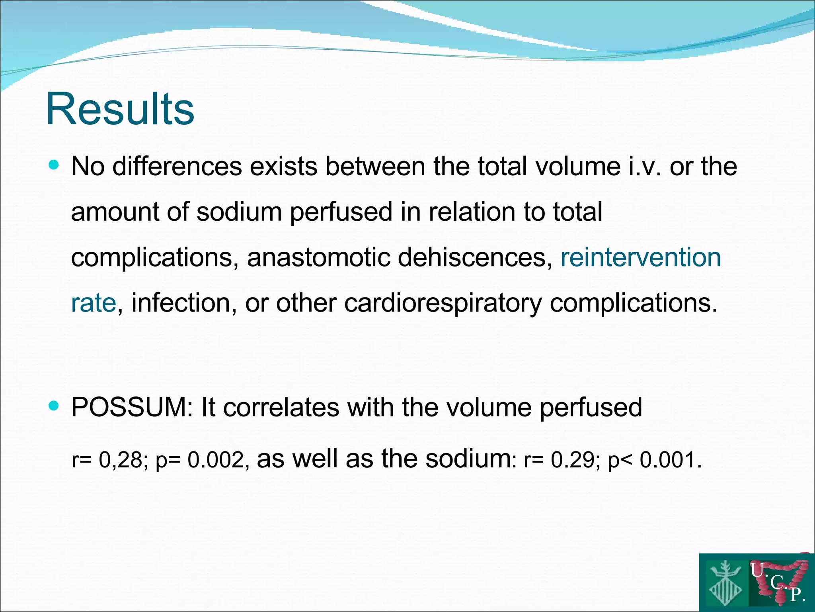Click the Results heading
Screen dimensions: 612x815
coord(120,109)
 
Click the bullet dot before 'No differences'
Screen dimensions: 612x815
coord(53,165)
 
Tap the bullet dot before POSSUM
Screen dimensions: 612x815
coord(53,406)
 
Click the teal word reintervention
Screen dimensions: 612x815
coord(641,257)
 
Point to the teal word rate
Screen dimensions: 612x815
coord(94,303)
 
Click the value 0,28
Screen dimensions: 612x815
coord(121,460)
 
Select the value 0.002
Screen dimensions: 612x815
coord(215,460)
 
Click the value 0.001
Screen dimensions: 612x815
coord(667,460)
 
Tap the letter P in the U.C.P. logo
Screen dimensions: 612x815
coord(796,595)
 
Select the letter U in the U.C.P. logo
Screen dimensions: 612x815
coord(757,570)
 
